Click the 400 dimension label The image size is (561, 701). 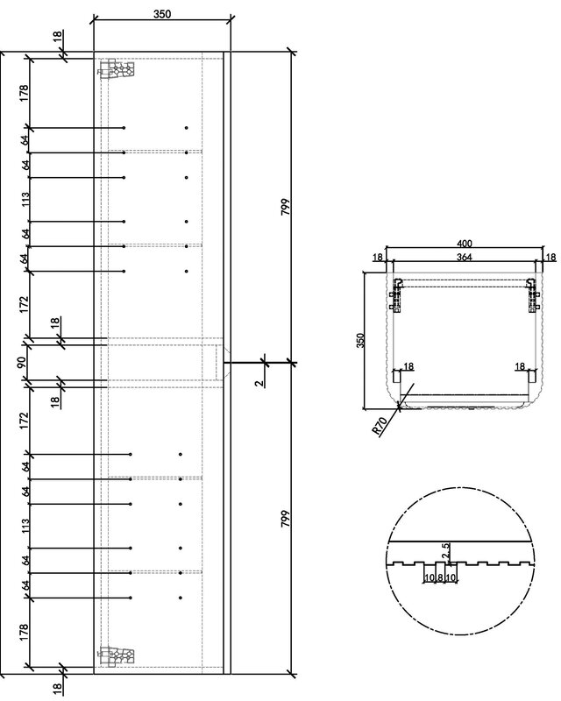(465, 244)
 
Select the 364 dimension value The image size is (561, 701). (465, 257)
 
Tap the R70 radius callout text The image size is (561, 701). (379, 426)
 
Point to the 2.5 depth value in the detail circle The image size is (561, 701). (445, 551)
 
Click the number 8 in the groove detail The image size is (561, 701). (440, 577)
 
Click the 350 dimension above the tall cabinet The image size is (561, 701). (162, 14)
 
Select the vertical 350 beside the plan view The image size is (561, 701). (361, 340)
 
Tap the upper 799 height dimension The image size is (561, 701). (286, 207)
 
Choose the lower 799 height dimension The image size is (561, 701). (286, 518)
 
